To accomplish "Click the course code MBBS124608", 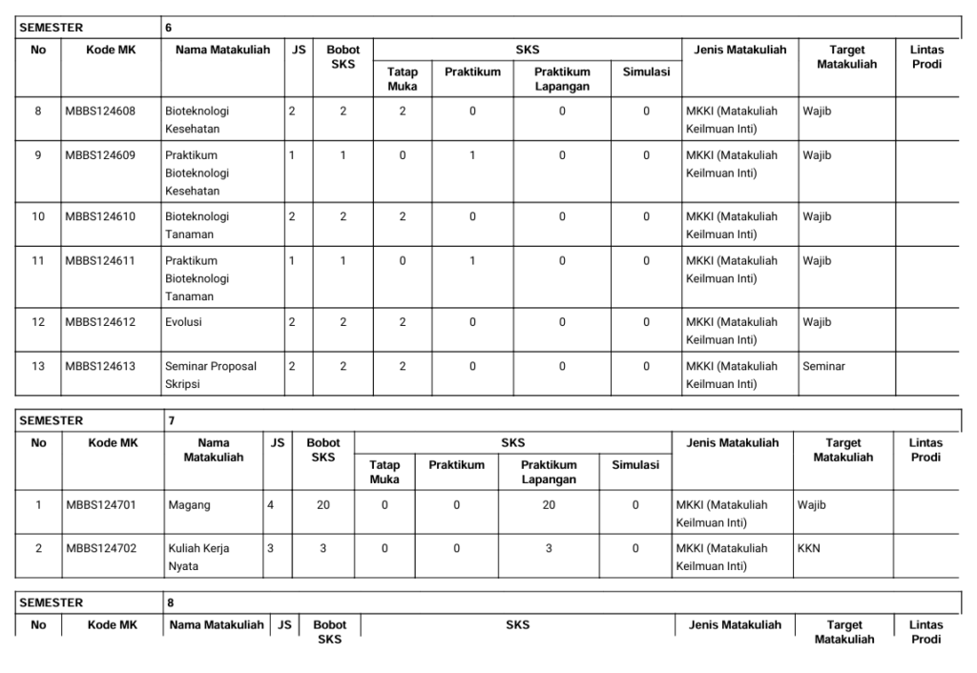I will click(100, 111).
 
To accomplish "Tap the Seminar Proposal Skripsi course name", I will click(210, 375).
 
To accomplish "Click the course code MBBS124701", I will click(100, 505).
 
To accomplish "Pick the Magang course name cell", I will click(186, 505).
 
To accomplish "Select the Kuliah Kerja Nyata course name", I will click(198, 557).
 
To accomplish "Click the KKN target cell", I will click(809, 549).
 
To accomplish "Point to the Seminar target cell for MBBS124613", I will click(823, 366).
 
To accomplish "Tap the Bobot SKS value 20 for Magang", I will click(323, 505).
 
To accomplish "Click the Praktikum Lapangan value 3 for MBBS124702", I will click(549, 549).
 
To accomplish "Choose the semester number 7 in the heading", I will click(170, 419).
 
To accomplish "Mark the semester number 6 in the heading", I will click(169, 28).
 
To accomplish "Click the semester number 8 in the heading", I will click(170, 602).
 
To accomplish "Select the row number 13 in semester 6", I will click(38, 366).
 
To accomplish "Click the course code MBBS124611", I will click(100, 260).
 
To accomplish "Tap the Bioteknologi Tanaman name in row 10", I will click(197, 225).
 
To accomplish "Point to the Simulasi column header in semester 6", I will click(646, 71).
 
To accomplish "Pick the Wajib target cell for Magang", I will click(811, 505).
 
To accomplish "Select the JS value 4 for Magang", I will click(272, 505).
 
